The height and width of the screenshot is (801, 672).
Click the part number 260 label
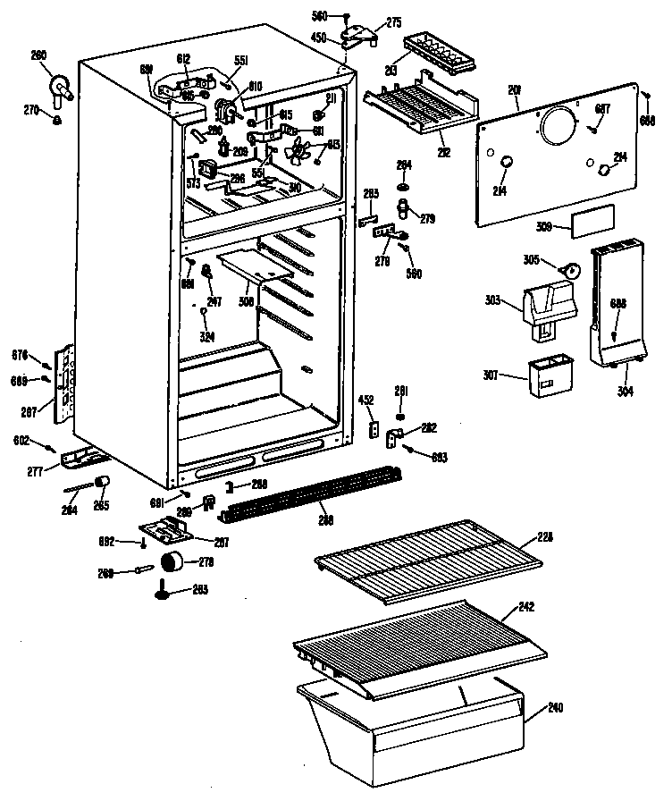click(38, 55)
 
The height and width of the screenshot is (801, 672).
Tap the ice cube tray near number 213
click(437, 54)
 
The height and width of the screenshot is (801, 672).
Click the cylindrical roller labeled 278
click(172, 561)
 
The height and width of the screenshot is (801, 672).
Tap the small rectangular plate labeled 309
click(592, 219)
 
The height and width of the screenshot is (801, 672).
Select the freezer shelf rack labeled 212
click(420, 109)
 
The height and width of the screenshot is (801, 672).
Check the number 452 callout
click(366, 400)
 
